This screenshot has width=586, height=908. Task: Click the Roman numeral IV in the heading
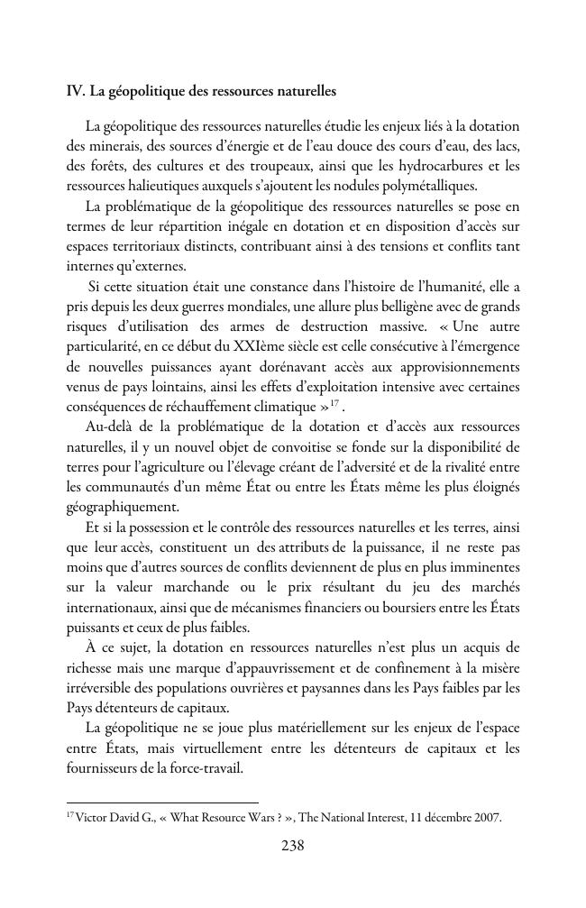point(75,91)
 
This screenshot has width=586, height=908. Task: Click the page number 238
point(293,846)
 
